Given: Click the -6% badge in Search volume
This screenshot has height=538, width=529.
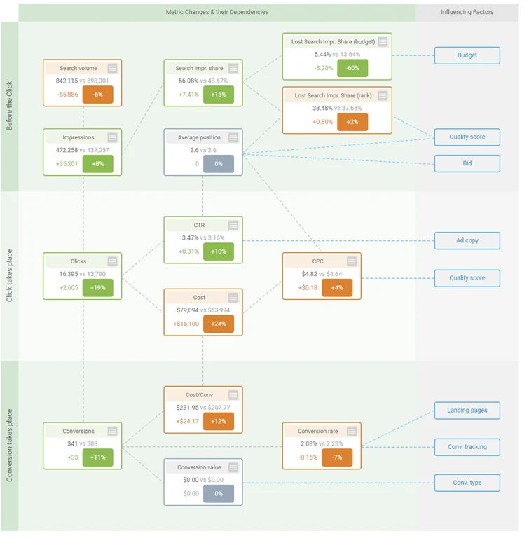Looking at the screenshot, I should click(x=97, y=94).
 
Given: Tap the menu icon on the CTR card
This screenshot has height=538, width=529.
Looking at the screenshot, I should click(x=233, y=225).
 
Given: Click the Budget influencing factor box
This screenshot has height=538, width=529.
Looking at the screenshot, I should click(x=467, y=55).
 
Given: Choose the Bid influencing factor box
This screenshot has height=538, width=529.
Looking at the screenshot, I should click(x=467, y=163).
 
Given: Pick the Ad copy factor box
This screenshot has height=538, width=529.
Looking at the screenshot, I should click(x=467, y=240).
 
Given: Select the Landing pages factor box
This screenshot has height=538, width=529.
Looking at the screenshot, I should click(x=467, y=410).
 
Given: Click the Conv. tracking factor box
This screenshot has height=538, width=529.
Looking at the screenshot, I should click(x=467, y=446).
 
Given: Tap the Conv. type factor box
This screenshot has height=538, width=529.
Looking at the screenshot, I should click(x=467, y=483).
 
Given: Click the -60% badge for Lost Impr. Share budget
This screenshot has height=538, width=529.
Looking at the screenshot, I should click(x=352, y=68).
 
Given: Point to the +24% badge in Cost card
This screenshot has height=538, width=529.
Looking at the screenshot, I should click(x=219, y=324).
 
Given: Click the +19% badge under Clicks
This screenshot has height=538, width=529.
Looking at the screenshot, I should click(x=97, y=287).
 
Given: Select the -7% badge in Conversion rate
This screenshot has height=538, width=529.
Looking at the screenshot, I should click(x=336, y=457).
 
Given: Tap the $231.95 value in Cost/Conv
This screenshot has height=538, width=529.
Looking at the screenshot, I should click(x=188, y=407).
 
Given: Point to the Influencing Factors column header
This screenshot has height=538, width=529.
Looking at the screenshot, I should click(x=467, y=12).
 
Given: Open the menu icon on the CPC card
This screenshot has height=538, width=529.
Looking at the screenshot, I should click(x=352, y=261).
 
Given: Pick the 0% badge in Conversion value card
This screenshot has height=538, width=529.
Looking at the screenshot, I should click(x=219, y=493).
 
